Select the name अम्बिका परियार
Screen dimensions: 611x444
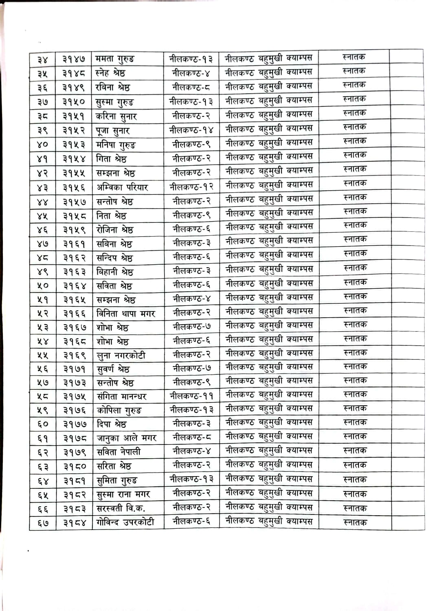(x=122, y=187)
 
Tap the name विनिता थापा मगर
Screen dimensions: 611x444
(x=125, y=314)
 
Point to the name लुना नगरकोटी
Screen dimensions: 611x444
(x=121, y=356)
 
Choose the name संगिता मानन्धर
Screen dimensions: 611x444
(x=121, y=396)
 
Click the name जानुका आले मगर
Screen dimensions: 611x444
(x=126, y=438)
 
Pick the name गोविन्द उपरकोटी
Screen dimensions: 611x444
(x=125, y=522)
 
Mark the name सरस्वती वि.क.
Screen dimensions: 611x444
(x=121, y=508)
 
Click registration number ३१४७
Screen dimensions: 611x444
(x=74, y=59)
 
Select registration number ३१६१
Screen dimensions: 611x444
(x=74, y=244)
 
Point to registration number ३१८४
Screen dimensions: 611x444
(x=75, y=523)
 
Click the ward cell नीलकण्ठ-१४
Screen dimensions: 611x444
(x=191, y=130)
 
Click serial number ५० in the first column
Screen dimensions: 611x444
(x=42, y=286)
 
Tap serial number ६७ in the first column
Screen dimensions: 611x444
(x=43, y=523)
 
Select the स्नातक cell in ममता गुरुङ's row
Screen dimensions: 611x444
(x=354, y=57)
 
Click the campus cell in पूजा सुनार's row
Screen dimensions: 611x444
(x=269, y=129)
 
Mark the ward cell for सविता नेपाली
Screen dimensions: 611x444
(x=191, y=451)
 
